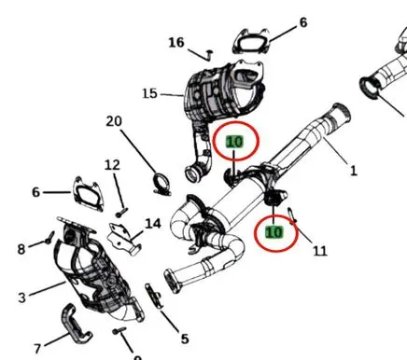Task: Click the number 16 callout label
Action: tap(176, 43)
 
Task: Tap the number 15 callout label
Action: tap(149, 93)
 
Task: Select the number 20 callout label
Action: tap(114, 121)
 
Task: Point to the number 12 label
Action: tap(112, 165)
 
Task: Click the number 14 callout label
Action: tap(153, 224)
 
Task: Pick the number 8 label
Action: tap(21, 249)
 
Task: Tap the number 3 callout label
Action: tap(21, 298)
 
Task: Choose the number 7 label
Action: tap(37, 349)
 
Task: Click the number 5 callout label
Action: tap(185, 339)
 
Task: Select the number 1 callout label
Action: tap(354, 171)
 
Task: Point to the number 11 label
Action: tap(320, 251)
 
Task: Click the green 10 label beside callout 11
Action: tap(274, 232)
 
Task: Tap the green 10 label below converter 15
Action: tap(234, 142)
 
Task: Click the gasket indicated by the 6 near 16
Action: tap(251, 42)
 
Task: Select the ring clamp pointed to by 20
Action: tap(161, 185)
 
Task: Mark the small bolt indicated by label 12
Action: tap(121, 213)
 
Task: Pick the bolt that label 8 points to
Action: tap(49, 238)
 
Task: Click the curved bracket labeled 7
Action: tap(76, 324)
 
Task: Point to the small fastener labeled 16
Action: tap(209, 54)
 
